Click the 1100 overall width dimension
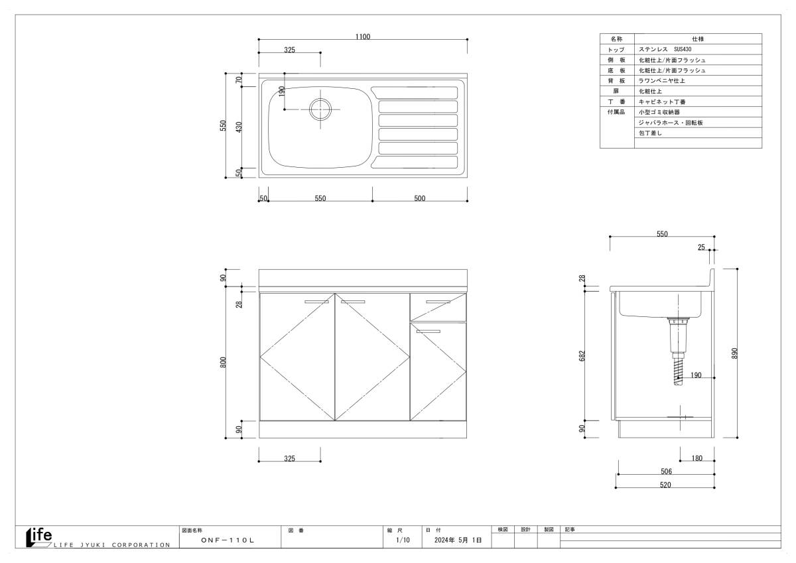click(x=362, y=36)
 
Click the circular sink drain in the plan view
click(x=320, y=109)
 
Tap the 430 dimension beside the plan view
click(x=239, y=127)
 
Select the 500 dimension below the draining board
click(x=419, y=198)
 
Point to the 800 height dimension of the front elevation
click(x=223, y=362)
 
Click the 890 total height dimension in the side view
click(x=734, y=353)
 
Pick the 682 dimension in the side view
click(x=582, y=355)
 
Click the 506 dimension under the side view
click(x=666, y=471)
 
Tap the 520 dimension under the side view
click(x=665, y=485)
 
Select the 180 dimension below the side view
click(x=697, y=458)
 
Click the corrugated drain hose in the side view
click(x=678, y=371)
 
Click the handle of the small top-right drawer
click(x=438, y=302)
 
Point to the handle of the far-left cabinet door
click(x=316, y=302)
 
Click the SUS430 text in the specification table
click(x=683, y=49)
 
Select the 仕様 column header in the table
click(x=698, y=38)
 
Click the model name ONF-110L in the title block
click(x=228, y=540)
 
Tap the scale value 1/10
click(x=403, y=540)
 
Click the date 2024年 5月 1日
click(x=458, y=540)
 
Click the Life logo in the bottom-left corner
click(x=39, y=537)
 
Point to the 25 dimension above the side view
click(x=701, y=247)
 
